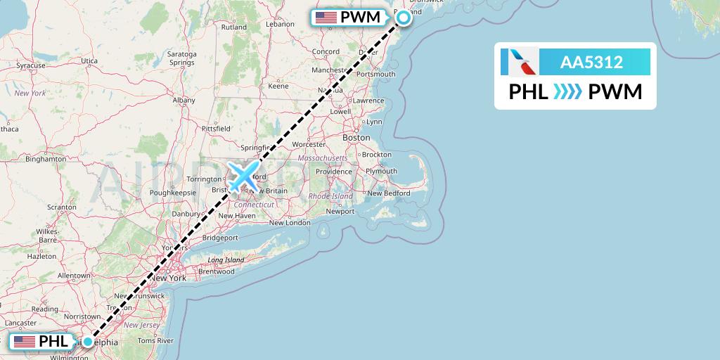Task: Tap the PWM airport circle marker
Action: [x=404, y=18]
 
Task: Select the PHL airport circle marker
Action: [x=87, y=342]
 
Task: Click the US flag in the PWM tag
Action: [x=326, y=17]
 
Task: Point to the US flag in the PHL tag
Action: [x=24, y=342]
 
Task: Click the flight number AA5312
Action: [x=591, y=63]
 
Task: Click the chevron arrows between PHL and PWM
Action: [x=568, y=92]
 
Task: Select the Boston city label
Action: [x=356, y=138]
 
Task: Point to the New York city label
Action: [x=168, y=278]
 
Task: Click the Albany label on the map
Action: [x=184, y=101]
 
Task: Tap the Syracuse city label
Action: [x=31, y=65]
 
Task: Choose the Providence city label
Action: [x=333, y=172]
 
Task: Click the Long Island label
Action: [x=226, y=260]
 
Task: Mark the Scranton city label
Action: [x=62, y=207]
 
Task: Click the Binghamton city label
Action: [x=45, y=159]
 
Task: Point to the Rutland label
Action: [x=234, y=27]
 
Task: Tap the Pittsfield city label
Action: [x=216, y=129]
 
